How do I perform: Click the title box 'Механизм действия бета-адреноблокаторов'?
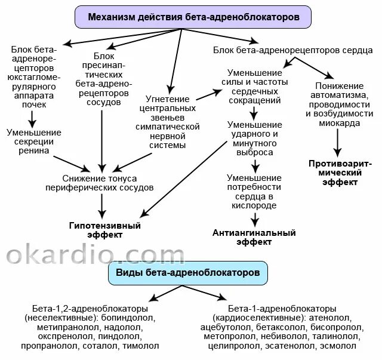pyautogui.click(x=193, y=17)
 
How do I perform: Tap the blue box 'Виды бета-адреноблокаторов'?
pyautogui.click(x=188, y=272)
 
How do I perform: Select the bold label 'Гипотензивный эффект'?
pyautogui.click(x=104, y=230)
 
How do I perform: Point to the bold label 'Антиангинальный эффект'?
pyautogui.click(x=254, y=237)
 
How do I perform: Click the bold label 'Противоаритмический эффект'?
pyautogui.click(x=340, y=173)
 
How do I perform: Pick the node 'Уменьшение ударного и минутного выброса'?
pyautogui.click(x=254, y=139)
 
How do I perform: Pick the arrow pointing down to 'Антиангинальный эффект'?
pyautogui.click(x=254, y=219)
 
